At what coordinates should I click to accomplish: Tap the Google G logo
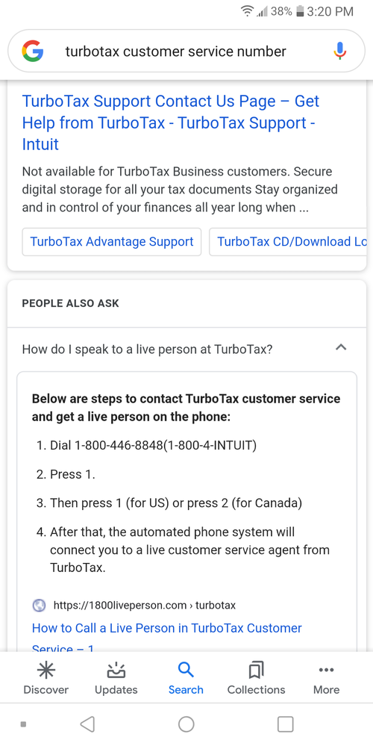pyautogui.click(x=32, y=52)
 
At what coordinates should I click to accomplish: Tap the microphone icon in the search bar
pyautogui.click(x=339, y=52)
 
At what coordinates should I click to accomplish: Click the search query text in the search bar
pyautogui.click(x=175, y=52)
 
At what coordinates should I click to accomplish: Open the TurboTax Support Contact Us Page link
pyautogui.click(x=170, y=122)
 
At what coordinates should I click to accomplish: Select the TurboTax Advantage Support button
pyautogui.click(x=112, y=242)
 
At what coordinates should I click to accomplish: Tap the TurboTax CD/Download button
pyautogui.click(x=291, y=242)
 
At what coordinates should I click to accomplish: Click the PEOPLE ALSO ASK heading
pyautogui.click(x=70, y=303)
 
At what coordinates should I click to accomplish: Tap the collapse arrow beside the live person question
pyautogui.click(x=341, y=348)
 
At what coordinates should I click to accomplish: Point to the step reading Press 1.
pyautogui.click(x=72, y=474)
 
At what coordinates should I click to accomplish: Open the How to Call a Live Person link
pyautogui.click(x=167, y=628)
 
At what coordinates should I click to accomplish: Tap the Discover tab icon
pyautogui.click(x=46, y=669)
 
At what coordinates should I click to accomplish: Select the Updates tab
pyautogui.click(x=116, y=677)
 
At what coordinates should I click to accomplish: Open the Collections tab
pyautogui.click(x=256, y=677)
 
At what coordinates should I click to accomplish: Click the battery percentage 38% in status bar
pyautogui.click(x=281, y=11)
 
